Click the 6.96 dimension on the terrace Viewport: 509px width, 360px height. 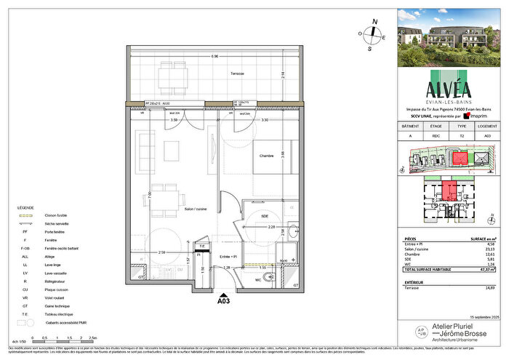pyautogui.click(x=215, y=57)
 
